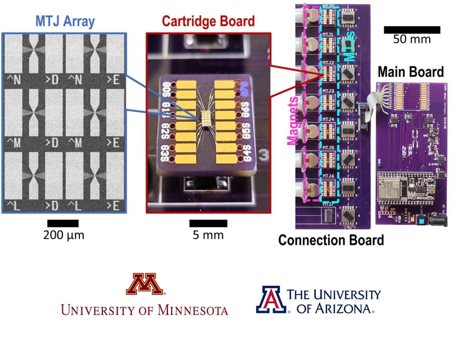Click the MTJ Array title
click(x=65, y=21)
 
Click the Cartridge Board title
click(x=208, y=21)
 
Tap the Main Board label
click(x=411, y=72)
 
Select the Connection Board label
click(x=331, y=240)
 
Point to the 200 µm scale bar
click(x=63, y=223)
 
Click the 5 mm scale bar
click(x=208, y=223)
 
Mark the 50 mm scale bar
click(x=412, y=30)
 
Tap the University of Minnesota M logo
click(x=145, y=284)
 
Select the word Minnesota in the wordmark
click(x=192, y=310)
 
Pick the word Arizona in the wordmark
click(x=343, y=308)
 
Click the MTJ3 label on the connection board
click(x=328, y=91)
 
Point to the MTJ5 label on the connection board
click(x=328, y=148)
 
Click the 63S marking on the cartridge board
click(x=165, y=153)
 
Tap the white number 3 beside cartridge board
click(x=262, y=154)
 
